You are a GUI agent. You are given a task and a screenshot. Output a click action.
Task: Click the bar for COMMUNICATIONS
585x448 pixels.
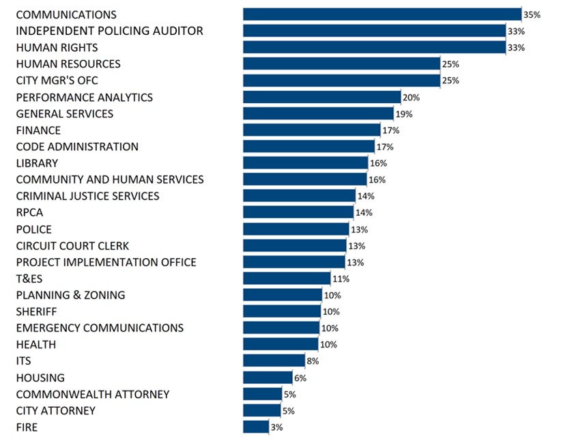tap(382, 14)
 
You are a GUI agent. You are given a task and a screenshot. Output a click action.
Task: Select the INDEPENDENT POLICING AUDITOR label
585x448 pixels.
tap(109, 31)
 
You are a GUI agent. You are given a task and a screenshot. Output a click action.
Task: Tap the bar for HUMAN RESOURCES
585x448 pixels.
tap(341, 64)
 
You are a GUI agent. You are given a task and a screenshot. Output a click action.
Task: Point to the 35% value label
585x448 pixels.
tap(531, 14)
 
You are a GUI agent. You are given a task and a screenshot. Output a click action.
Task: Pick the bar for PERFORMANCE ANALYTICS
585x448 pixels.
tap(322, 97)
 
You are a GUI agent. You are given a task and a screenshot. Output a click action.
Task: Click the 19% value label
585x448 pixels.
tap(403, 114)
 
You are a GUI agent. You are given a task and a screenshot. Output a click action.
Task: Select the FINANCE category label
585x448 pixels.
tap(38, 130)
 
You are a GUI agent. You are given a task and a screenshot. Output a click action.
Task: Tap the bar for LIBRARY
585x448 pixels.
tap(306, 163)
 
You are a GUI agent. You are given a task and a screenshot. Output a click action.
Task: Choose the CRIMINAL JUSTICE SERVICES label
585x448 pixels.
tap(87, 196)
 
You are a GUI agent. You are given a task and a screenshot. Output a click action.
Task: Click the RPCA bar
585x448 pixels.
tap(299, 212)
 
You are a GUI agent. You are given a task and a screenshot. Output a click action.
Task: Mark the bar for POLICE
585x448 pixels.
tap(296, 229)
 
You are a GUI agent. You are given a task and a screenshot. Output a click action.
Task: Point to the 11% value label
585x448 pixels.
tap(341, 279)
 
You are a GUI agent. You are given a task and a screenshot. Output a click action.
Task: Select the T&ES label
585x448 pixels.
tap(29, 279)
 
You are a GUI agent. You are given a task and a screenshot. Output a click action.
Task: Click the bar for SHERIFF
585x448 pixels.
tap(282, 311)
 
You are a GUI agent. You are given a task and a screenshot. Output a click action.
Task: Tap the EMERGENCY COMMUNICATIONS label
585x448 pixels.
tap(100, 328)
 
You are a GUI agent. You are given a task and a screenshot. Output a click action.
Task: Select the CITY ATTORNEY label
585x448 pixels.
tap(55, 410)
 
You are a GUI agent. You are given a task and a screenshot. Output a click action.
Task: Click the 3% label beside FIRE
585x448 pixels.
tap(276, 428)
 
